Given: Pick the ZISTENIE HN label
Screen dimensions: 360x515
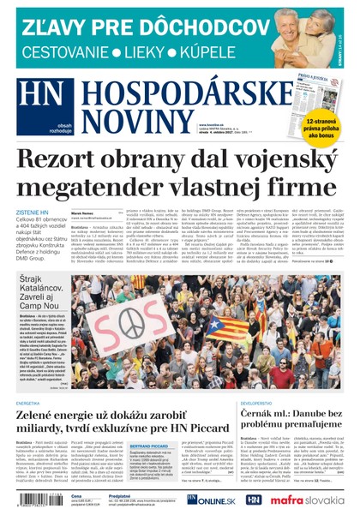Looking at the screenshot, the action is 33,212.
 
